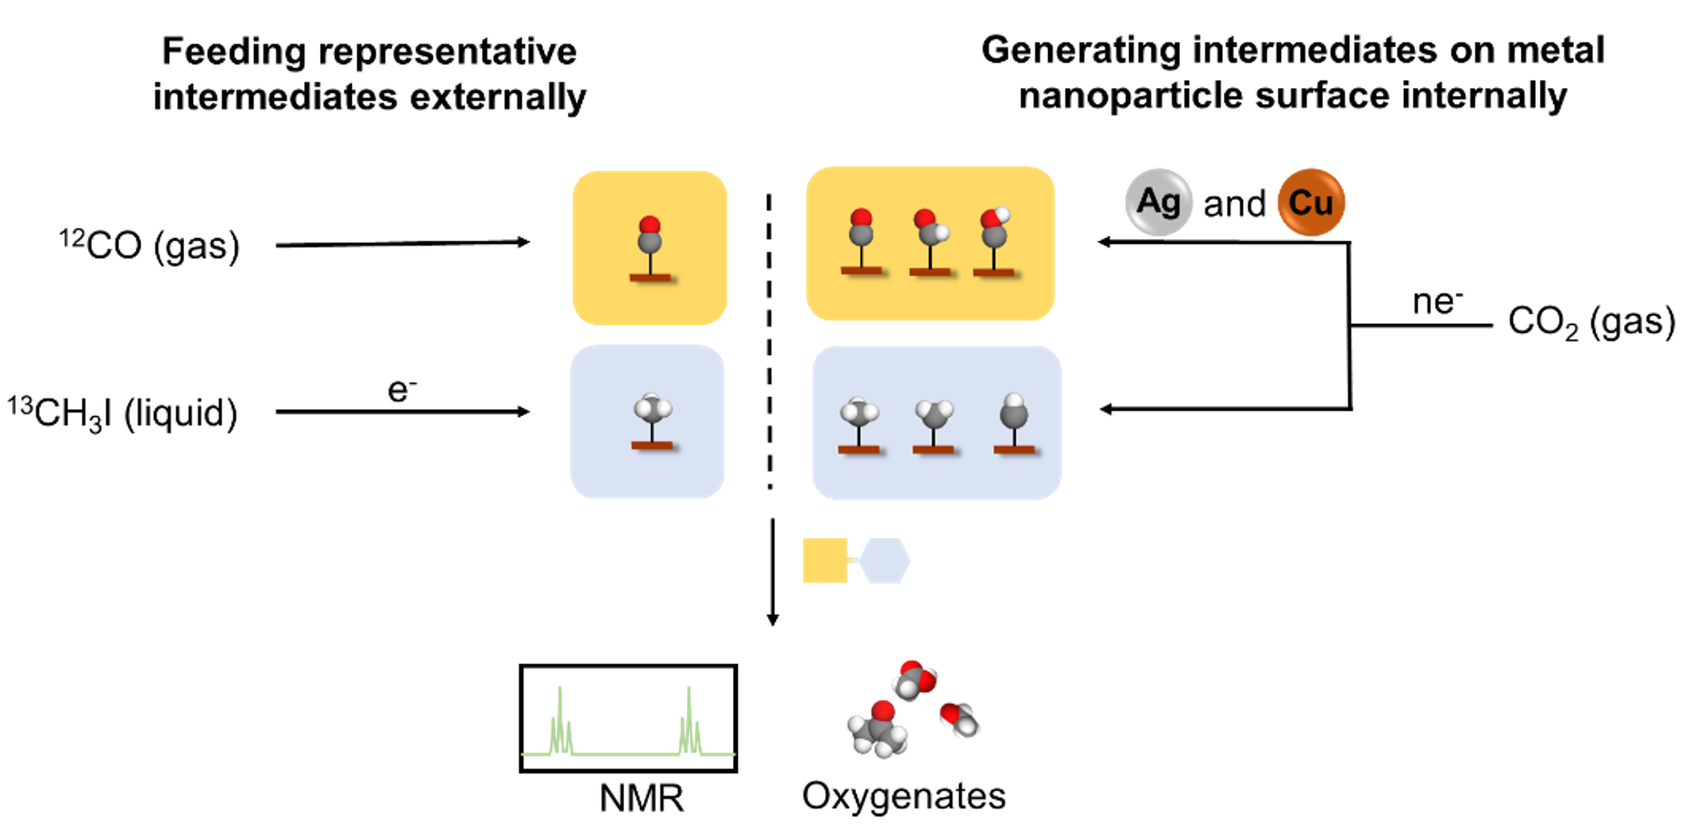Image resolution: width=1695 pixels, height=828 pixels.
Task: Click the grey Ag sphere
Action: pos(1158,202)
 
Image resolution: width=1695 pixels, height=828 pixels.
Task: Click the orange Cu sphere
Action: pos(1311,202)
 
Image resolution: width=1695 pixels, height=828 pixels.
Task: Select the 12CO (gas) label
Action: pos(149,245)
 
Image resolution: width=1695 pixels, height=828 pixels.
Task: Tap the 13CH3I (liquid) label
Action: pos(123,413)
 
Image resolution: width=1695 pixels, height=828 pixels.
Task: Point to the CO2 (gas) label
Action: pos(1591,321)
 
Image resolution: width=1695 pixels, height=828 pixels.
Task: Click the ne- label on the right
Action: pos(1438,301)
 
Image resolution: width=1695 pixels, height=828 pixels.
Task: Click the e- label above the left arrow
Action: pos(402,389)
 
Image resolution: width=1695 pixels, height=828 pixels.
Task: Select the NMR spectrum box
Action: pos(628,718)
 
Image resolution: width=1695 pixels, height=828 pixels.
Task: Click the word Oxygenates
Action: pos(903,795)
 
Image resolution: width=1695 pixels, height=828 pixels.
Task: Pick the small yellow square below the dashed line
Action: pos(824,560)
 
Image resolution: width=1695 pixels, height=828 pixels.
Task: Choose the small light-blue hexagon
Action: pos(884,560)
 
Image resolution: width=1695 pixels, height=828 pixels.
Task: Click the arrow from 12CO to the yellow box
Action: pos(402,243)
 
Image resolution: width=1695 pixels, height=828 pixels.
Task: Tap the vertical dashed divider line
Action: pos(770,341)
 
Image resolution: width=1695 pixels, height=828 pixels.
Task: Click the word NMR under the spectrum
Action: pos(641,798)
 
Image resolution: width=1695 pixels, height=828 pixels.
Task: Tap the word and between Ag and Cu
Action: pos(1235,204)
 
